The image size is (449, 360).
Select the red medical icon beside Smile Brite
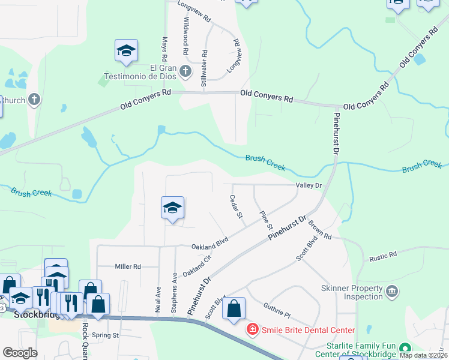click(252, 329)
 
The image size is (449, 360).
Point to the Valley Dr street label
click(309, 186)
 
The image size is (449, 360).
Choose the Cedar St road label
click(236, 206)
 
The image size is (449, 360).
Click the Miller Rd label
click(127, 266)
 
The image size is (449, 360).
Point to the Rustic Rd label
click(384, 254)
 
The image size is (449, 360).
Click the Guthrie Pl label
click(277, 310)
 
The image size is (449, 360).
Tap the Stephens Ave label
click(174, 292)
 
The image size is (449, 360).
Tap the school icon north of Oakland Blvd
click(172, 208)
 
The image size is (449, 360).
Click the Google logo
click(19, 353)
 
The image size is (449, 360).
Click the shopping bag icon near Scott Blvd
click(234, 309)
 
